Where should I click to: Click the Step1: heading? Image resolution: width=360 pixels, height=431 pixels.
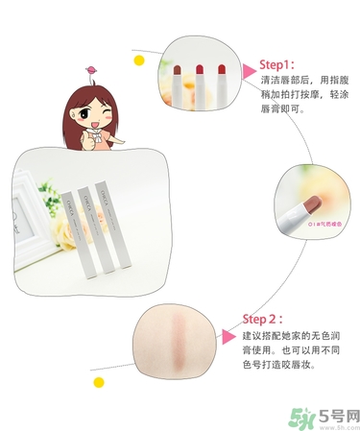pyautogui.click(x=280, y=64)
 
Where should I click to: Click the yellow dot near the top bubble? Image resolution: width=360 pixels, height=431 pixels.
pyautogui.click(x=139, y=60)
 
